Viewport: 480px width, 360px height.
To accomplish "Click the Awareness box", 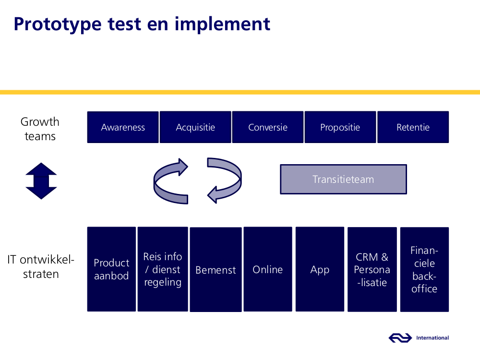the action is pyautogui.click(x=123, y=127).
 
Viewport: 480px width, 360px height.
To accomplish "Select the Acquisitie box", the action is pyautogui.click(x=195, y=127).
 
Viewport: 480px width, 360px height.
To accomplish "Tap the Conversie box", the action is pyautogui.click(x=268, y=127).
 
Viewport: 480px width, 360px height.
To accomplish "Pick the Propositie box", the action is pyautogui.click(x=340, y=127).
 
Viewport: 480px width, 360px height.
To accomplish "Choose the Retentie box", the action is pyautogui.click(x=413, y=127).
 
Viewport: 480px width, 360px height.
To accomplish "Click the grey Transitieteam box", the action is pyautogui.click(x=344, y=180).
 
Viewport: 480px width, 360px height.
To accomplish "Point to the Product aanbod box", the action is pyautogui.click(x=111, y=269).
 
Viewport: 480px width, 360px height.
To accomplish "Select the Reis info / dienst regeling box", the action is pyautogui.click(x=163, y=269).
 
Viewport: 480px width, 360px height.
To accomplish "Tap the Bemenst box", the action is pyautogui.click(x=216, y=269).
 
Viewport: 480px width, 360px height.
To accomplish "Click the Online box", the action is pyautogui.click(x=268, y=269).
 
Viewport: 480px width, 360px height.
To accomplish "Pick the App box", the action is pyautogui.click(x=320, y=269).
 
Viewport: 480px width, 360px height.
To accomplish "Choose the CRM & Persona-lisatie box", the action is pyautogui.click(x=372, y=269).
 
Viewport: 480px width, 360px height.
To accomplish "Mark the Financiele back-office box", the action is pyautogui.click(x=425, y=269).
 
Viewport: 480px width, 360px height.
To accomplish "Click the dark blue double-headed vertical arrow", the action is pyautogui.click(x=41, y=181).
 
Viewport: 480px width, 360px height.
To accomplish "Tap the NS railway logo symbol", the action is pyautogui.click(x=400, y=338).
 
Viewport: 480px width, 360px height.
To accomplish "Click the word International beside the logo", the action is pyautogui.click(x=432, y=338).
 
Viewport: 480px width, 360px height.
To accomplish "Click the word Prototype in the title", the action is pyautogui.click(x=58, y=24).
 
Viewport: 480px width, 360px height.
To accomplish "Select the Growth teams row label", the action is pyautogui.click(x=40, y=129).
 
